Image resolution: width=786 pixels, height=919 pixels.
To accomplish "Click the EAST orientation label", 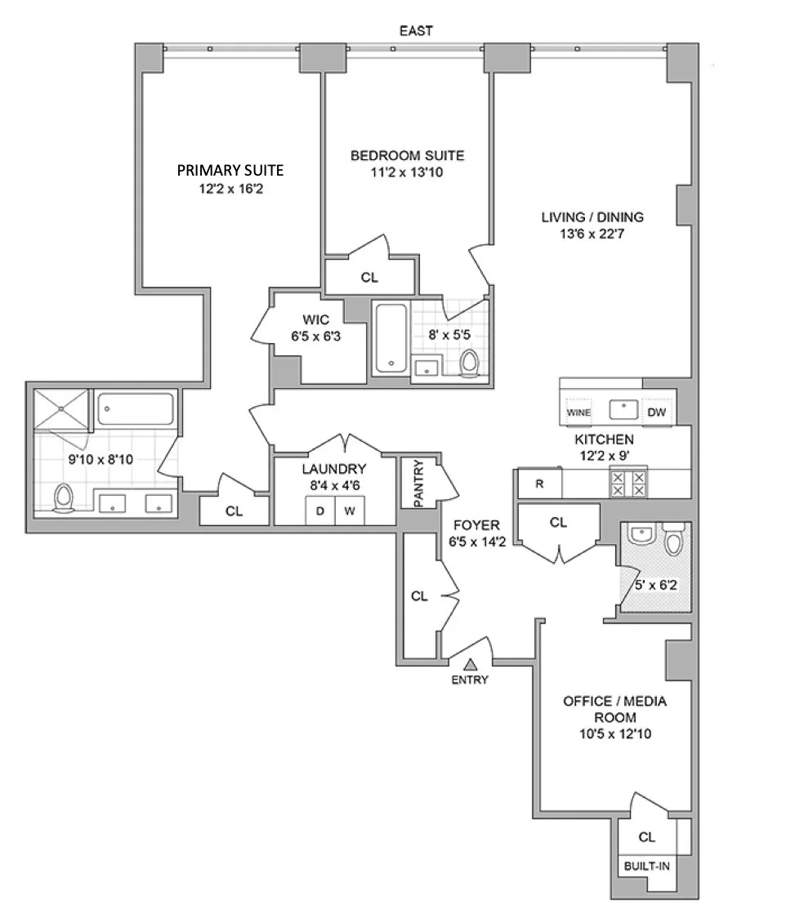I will (416, 31).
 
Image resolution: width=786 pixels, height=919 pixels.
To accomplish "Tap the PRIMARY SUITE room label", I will (230, 170).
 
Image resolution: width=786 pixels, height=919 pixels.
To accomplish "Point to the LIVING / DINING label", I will (592, 217).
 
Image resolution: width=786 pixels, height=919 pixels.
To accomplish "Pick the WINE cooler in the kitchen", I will (579, 413).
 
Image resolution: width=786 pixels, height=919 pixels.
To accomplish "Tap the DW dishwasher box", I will (656, 413).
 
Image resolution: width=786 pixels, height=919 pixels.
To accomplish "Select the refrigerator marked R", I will (539, 483).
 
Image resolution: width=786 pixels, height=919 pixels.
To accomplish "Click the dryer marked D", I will (319, 511).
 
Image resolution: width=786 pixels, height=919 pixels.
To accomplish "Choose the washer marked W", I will (349, 511).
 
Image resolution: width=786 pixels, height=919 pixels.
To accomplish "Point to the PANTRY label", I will (419, 484).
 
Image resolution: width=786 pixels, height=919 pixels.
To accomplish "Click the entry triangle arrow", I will (470, 665).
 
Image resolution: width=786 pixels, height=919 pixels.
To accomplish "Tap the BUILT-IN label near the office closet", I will (646, 865).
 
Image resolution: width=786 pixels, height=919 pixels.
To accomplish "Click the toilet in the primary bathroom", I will (64, 497).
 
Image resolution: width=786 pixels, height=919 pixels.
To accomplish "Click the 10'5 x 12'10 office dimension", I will (614, 734).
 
